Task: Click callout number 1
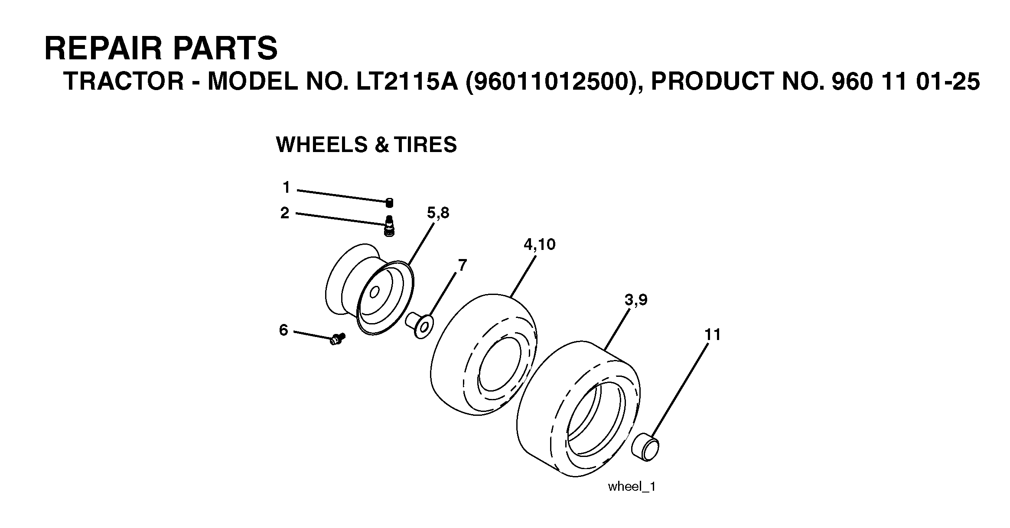pos(286,188)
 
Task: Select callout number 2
pos(284,213)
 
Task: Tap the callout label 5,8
pos(438,214)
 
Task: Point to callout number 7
pos(463,265)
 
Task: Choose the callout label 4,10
pos(539,245)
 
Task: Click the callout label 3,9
pos(636,300)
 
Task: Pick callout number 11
pos(713,334)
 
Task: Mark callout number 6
pos(283,330)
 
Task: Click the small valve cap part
pos(390,202)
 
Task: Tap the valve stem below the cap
pos(390,226)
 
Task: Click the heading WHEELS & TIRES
pos(366,145)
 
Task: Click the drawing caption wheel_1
pos(632,486)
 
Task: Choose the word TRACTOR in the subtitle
pos(124,81)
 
